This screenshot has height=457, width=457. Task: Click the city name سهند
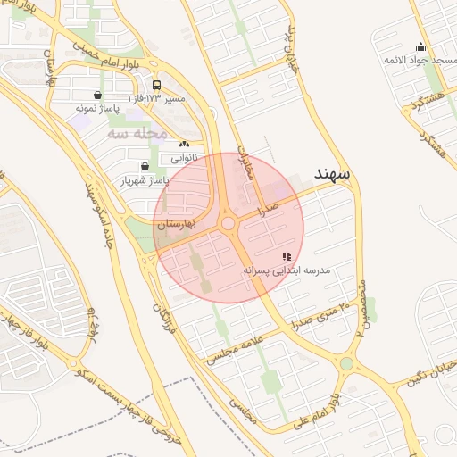(332, 172)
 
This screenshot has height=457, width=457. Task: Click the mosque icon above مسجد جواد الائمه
(420, 47)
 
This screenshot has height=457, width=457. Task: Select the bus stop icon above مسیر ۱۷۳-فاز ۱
(156, 86)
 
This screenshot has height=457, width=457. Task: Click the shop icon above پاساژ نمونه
(96, 95)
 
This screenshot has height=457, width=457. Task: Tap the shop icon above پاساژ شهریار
(145, 166)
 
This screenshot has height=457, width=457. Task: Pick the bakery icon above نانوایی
(184, 144)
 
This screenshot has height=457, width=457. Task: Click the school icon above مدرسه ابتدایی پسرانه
(286, 256)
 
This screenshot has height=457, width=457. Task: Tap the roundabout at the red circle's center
(228, 224)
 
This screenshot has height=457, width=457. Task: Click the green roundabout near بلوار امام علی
(346, 363)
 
